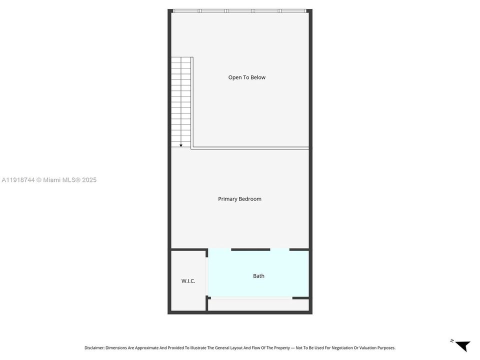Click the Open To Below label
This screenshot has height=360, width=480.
[x=246, y=77]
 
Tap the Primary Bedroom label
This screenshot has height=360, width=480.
[x=239, y=199]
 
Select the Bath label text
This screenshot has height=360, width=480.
[x=258, y=276]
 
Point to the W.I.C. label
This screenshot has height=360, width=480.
[x=188, y=281]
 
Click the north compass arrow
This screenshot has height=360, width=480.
[x=462, y=345]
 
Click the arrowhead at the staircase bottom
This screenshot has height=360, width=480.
[x=181, y=145]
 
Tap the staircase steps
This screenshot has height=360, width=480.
[x=181, y=100]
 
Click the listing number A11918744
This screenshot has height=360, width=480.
[x=18, y=180]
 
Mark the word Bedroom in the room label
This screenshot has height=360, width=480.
[x=250, y=199]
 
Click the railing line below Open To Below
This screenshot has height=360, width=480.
[x=250, y=148]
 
